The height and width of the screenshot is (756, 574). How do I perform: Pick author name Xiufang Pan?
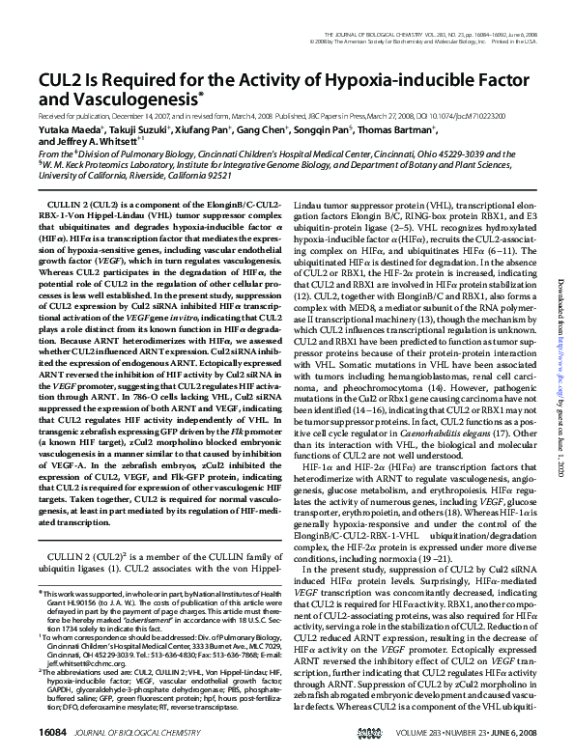pyautogui.click(x=206, y=127)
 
